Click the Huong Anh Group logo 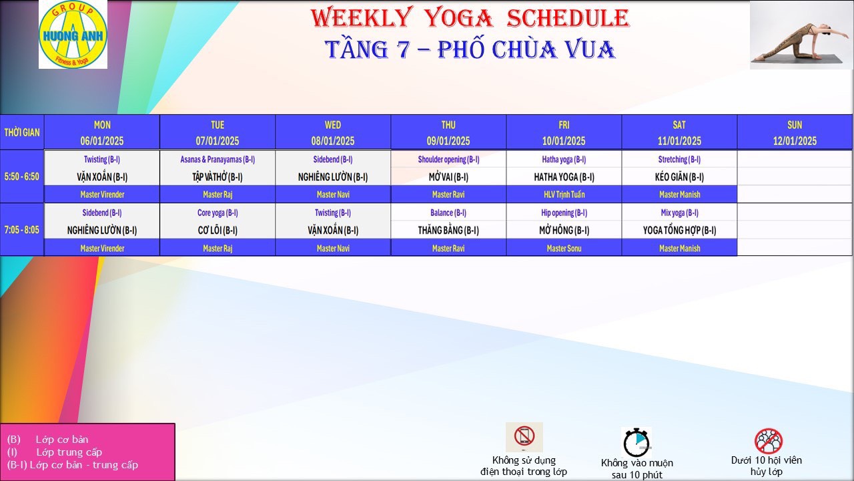(73, 34)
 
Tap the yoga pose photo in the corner (801, 35)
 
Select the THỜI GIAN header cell (22, 132)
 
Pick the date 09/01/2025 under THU (448, 141)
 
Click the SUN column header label (795, 125)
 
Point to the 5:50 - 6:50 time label (22, 176)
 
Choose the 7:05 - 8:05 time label (22, 230)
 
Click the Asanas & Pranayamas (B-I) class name (218, 159)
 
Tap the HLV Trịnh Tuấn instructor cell (564, 194)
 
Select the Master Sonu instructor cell (564, 248)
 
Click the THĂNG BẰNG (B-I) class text (448, 230)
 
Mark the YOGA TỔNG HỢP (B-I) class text (679, 230)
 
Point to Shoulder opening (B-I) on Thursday (448, 159)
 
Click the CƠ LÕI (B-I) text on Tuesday (218, 230)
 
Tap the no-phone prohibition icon (524, 437)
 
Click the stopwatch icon (636, 442)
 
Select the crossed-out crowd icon (769, 441)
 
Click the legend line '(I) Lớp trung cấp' (55, 452)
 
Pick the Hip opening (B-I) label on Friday (564, 212)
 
